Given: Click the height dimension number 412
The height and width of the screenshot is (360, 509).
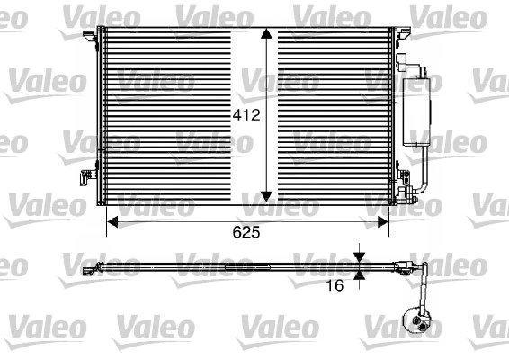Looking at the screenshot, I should (x=246, y=115).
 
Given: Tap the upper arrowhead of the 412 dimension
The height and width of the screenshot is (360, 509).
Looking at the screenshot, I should (x=266, y=35).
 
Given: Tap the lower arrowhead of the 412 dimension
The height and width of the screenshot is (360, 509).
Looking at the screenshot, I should (x=266, y=194).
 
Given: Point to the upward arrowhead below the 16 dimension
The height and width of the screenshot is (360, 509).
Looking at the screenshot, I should (x=360, y=274).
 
